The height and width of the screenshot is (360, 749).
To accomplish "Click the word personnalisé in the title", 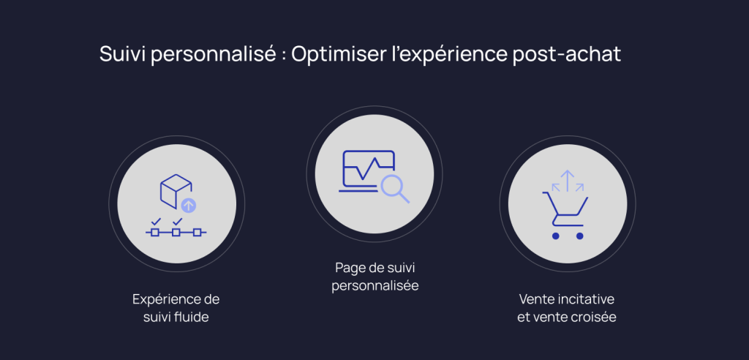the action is (x=213, y=55).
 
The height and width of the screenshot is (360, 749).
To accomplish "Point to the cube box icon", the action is (x=176, y=191).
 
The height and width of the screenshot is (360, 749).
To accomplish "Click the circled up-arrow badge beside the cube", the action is (x=189, y=206).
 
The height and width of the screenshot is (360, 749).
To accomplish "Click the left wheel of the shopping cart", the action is (x=556, y=236).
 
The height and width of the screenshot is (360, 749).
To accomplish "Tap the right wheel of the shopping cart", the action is (x=580, y=236).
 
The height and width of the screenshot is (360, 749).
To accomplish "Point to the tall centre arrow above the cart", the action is (x=568, y=180).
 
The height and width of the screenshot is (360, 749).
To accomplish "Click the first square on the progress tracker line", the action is (x=155, y=233).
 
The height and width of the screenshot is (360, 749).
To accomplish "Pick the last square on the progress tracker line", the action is (x=197, y=233).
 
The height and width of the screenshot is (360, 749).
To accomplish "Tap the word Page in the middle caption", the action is (x=347, y=269).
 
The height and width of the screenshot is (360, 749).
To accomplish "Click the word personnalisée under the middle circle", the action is (x=375, y=286).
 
